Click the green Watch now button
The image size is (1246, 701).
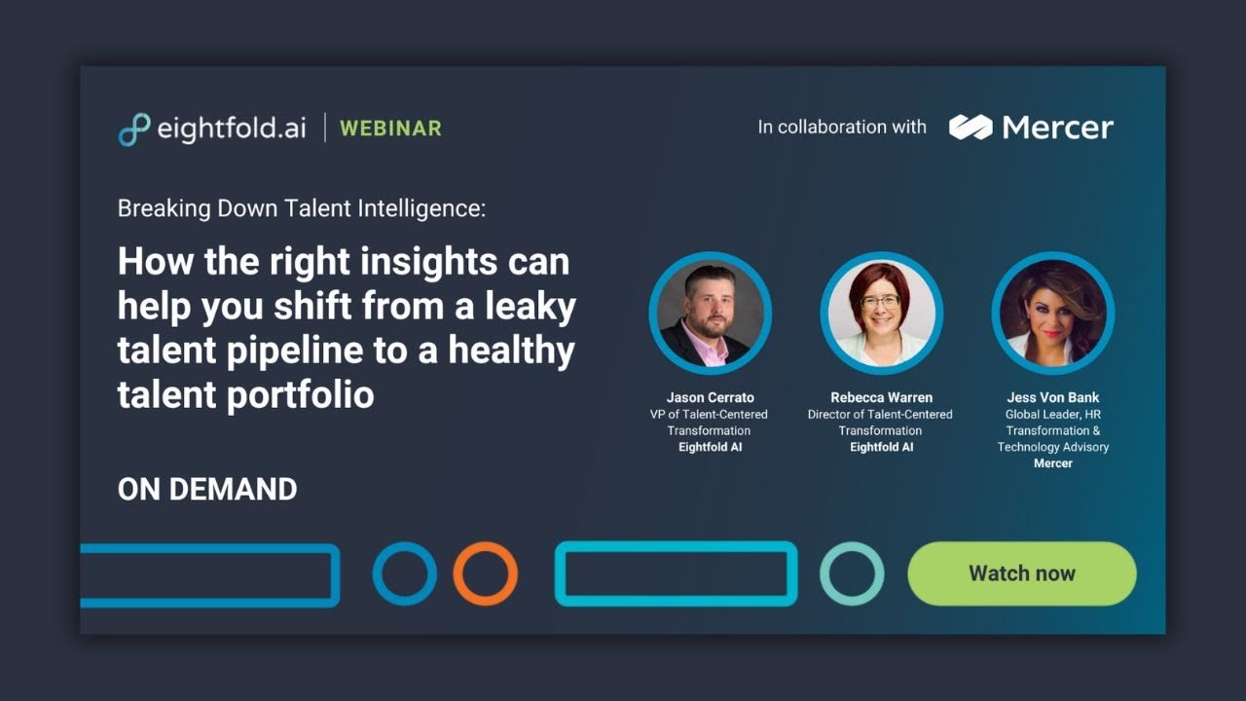click(1021, 573)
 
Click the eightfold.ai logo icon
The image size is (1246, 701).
click(134, 129)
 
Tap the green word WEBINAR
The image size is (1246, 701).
click(390, 129)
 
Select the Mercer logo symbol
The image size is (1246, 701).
click(970, 127)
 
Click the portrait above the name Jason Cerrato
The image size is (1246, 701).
click(710, 313)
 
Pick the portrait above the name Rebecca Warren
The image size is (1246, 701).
click(881, 313)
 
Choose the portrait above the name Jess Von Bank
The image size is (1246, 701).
click(1052, 313)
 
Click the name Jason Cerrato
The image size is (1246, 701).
click(710, 397)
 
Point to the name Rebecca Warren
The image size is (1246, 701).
click(880, 397)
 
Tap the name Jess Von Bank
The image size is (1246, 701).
click(1052, 397)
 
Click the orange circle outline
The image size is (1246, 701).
click(485, 573)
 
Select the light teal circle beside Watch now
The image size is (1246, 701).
click(852, 573)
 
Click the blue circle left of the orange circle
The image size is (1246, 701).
click(405, 573)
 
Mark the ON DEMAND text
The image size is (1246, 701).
click(207, 490)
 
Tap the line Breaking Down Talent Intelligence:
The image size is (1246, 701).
click(301, 208)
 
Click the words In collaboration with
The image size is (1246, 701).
click(842, 127)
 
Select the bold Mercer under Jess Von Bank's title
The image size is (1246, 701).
click(1052, 463)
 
